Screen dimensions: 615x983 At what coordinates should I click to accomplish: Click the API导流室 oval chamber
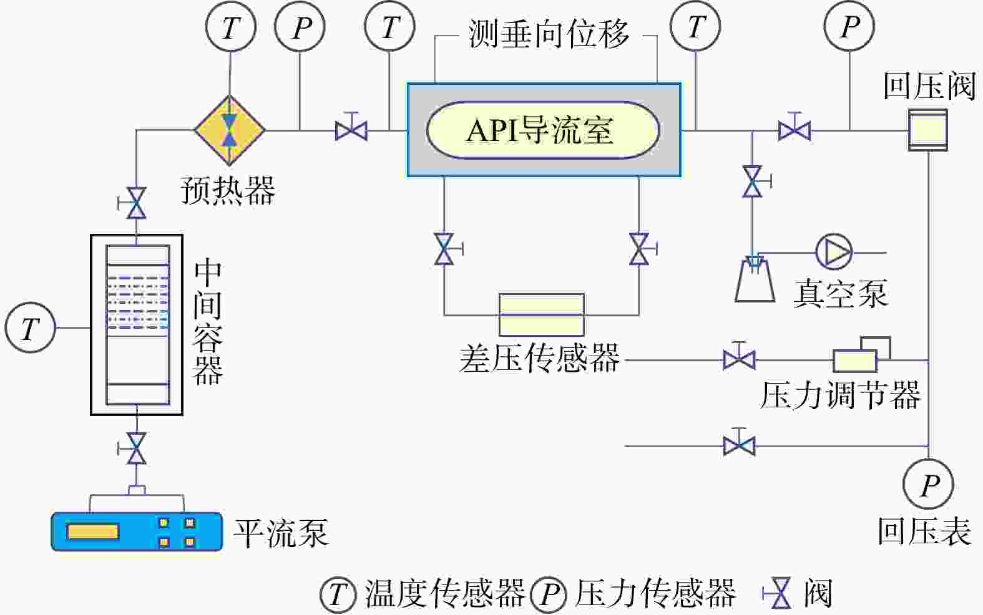(x=542, y=130)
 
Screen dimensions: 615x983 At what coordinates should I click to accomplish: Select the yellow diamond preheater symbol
(x=230, y=130)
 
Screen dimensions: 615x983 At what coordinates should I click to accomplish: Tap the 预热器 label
(x=228, y=190)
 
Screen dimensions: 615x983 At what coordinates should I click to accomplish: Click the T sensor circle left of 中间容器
(x=30, y=327)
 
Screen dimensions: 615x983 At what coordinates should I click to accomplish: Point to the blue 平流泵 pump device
(x=137, y=531)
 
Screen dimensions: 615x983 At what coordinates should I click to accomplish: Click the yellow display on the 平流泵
(x=93, y=531)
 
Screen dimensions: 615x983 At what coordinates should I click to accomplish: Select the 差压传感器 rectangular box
(x=541, y=314)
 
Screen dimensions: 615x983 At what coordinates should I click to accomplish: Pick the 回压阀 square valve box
(x=927, y=130)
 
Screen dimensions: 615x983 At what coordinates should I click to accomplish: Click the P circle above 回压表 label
(x=929, y=484)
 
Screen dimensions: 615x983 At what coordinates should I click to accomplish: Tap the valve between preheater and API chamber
(x=351, y=130)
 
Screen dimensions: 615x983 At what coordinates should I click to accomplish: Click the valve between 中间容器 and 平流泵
(x=136, y=448)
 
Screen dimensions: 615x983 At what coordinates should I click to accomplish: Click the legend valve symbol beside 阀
(x=780, y=593)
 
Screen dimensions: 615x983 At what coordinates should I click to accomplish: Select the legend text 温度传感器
(x=444, y=593)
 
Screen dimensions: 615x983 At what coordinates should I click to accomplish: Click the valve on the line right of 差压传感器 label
(x=739, y=360)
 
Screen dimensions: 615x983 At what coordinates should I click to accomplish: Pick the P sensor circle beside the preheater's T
(x=301, y=27)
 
